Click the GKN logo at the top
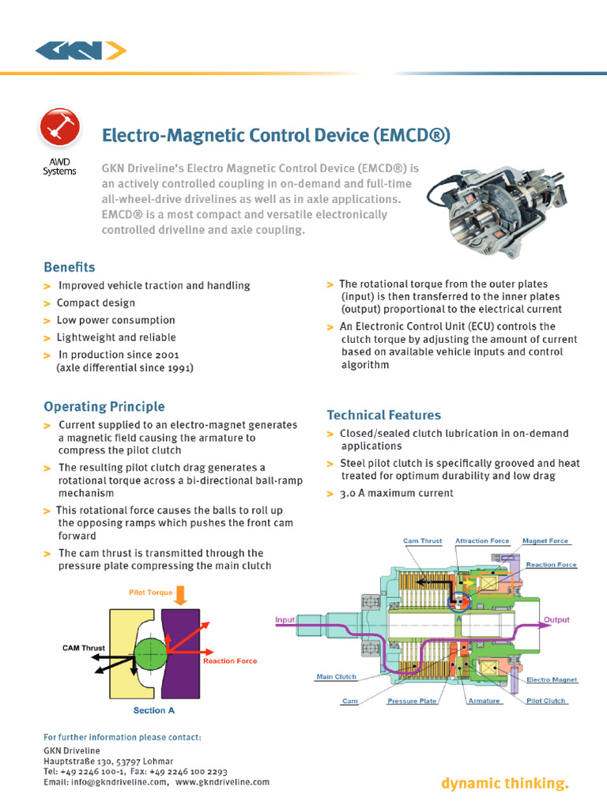point(80,51)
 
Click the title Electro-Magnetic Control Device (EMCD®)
point(276,136)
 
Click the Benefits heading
point(69,267)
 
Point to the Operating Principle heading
point(104,407)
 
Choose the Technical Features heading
point(383,415)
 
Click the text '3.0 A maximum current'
point(397,493)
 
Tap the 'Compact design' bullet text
point(96,303)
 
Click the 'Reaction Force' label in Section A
point(230,660)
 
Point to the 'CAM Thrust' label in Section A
point(85,648)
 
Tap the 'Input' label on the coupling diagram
point(285,620)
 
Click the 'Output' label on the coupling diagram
point(556,620)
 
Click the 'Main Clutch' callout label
point(336,677)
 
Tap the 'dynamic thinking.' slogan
point(504,784)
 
